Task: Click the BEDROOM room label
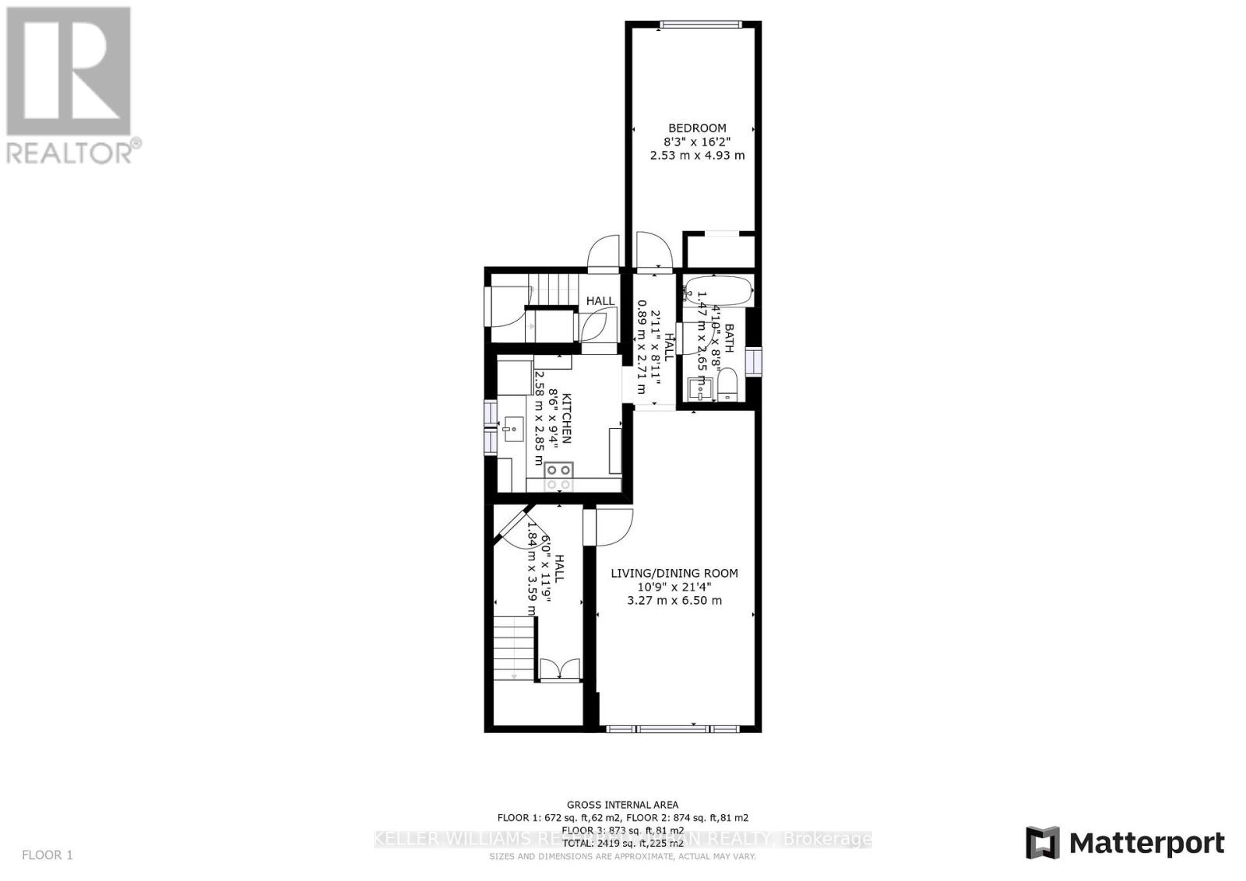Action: (x=697, y=128)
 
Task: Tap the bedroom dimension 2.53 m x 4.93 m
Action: (x=697, y=155)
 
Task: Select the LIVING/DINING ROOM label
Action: (x=674, y=574)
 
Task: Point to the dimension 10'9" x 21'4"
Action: (x=674, y=587)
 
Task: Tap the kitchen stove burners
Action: (x=558, y=476)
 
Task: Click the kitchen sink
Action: (x=513, y=429)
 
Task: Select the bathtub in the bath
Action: (x=718, y=292)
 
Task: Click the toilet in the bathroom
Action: (x=727, y=384)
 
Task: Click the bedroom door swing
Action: (x=653, y=249)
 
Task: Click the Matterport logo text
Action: (x=1146, y=843)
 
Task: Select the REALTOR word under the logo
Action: (x=69, y=153)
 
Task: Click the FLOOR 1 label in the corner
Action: (x=48, y=855)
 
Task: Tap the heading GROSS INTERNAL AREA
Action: (x=622, y=805)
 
